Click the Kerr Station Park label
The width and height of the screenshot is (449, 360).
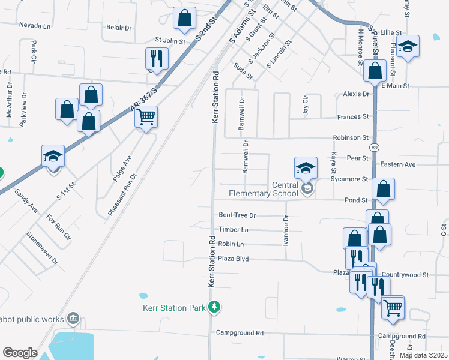click(175, 308)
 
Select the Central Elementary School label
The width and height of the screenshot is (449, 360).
click(264, 189)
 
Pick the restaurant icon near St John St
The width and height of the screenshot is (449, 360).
click(157, 58)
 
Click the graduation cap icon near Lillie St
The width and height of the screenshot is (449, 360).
click(408, 46)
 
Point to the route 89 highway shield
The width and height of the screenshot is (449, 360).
click(375, 147)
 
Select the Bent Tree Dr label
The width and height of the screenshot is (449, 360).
click(237, 215)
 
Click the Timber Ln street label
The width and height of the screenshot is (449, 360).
click(234, 230)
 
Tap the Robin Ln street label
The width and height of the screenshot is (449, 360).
click(231, 244)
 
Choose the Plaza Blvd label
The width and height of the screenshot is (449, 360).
click(234, 259)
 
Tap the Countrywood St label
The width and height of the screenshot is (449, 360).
click(405, 274)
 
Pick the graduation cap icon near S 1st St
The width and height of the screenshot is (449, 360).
click(53, 156)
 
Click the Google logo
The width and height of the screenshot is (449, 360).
click(20, 353)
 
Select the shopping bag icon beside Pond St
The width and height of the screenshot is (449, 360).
click(383, 189)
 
